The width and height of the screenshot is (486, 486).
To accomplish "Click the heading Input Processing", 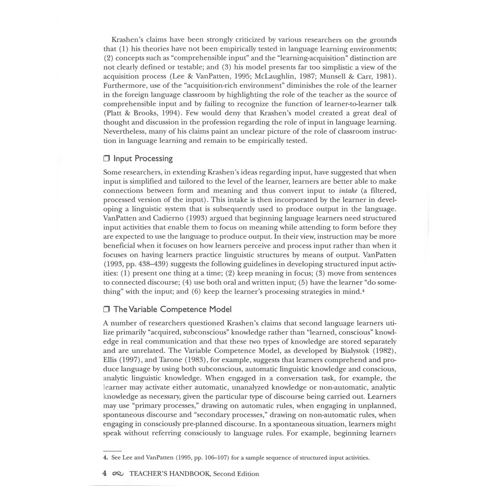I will (x=143, y=159).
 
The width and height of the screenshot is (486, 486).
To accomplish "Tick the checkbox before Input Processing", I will (x=106, y=159).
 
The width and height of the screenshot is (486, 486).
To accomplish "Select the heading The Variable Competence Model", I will (x=172, y=309).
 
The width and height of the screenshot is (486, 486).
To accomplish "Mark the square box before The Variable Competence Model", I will (x=106, y=309).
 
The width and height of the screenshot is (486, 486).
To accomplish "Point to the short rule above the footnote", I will (x=112, y=450).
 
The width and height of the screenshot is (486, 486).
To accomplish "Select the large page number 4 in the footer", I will (x=105, y=473).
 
